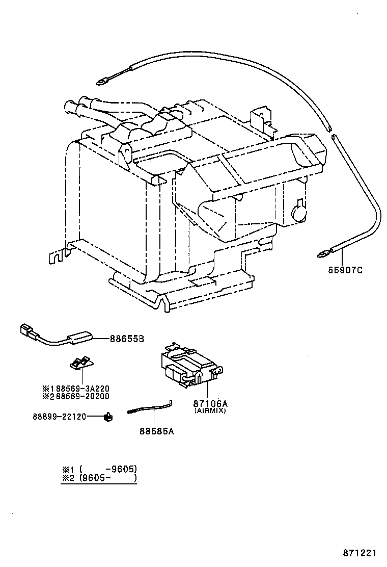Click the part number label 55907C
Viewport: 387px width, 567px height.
point(345,270)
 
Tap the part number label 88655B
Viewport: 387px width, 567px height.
point(127,339)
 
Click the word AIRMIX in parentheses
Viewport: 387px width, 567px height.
point(209,410)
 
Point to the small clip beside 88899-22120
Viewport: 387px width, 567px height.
point(108,417)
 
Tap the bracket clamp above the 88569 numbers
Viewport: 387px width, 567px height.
point(81,363)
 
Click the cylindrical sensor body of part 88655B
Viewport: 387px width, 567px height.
point(79,337)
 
